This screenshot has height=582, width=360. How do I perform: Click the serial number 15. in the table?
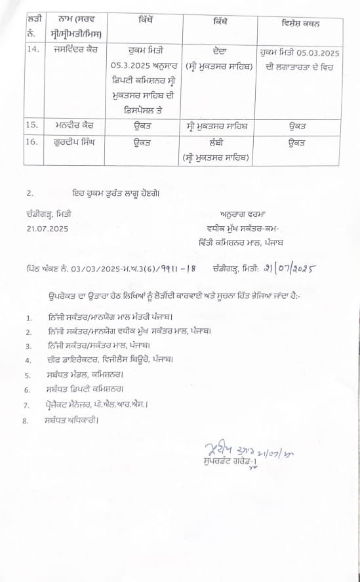31,125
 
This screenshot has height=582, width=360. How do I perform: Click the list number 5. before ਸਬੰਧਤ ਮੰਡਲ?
28,376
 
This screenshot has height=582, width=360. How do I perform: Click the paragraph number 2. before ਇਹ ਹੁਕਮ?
28,194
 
